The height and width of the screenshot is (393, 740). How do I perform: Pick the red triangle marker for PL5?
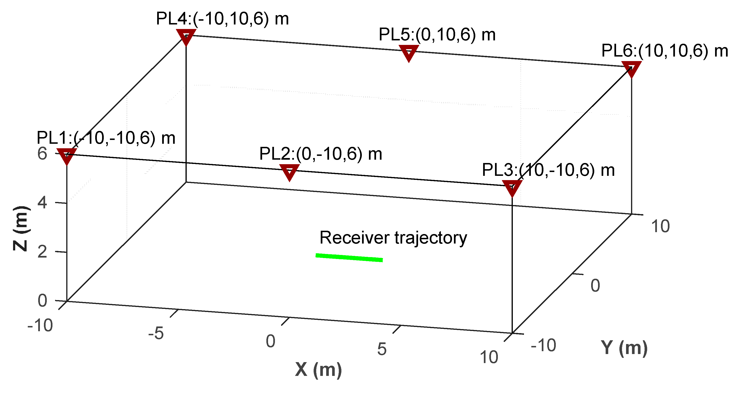tap(409, 52)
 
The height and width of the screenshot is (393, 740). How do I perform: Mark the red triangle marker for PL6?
tap(632, 68)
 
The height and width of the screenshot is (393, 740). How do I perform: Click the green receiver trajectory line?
tap(349, 257)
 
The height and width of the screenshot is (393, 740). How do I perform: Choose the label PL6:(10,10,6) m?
tap(665, 51)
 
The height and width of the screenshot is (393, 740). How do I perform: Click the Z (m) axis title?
tap(21, 229)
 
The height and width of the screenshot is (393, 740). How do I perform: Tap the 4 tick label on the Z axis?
tap(42, 203)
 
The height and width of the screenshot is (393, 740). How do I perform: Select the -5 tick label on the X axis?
tap(156, 334)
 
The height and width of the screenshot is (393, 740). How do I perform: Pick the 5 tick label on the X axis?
tap(382, 349)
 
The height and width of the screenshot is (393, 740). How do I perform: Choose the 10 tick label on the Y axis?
tap(660, 226)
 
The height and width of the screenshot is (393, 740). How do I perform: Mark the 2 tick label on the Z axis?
tap(42, 252)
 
